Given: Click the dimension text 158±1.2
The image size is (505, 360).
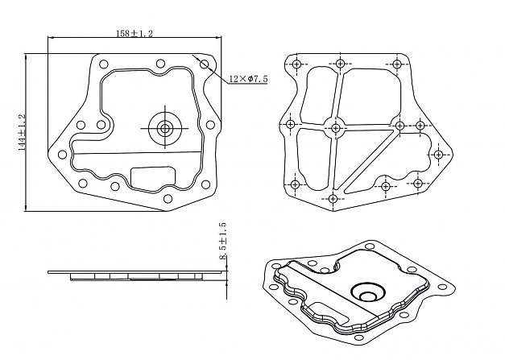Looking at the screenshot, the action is tap(135, 33).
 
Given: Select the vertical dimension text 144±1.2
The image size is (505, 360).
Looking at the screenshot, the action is tap(22, 132).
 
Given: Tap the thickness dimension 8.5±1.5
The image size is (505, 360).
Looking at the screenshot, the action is tap(222, 241).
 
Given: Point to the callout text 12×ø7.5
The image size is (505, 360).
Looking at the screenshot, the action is tap(248, 79).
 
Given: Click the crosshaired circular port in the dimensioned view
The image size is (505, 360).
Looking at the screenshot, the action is tap(165, 128).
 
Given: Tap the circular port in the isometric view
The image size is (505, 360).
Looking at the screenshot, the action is tap(368, 293).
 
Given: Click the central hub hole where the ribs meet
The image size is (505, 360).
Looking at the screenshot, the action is tap(336, 128).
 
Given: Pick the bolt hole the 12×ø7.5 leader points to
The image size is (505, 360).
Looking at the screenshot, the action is tap(204, 64).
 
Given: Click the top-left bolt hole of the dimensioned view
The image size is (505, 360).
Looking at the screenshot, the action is tap(103, 64).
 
